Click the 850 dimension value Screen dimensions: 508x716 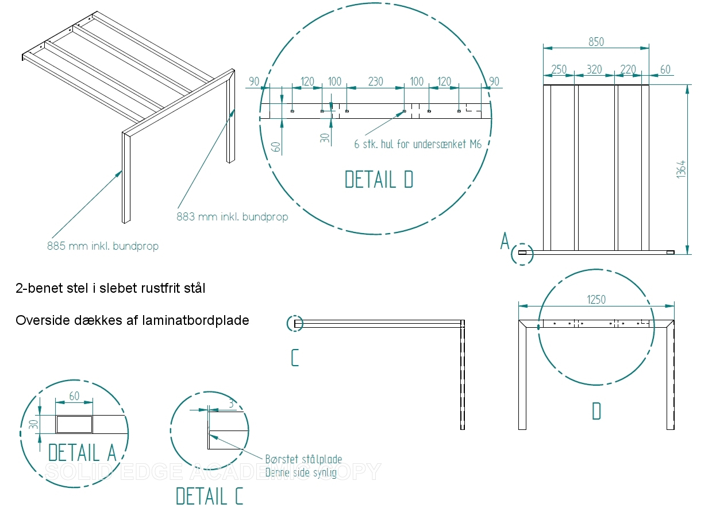(596, 42)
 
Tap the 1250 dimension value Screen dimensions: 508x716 (596, 299)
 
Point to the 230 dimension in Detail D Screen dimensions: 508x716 (375, 82)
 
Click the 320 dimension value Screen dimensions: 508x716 (594, 69)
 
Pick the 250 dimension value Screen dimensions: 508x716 (559, 69)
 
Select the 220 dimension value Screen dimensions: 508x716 (628, 69)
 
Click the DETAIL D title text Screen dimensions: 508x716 (379, 180)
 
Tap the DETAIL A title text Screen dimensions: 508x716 (82, 452)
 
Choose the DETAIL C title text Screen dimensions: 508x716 (209, 496)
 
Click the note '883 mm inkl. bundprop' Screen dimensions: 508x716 (232, 217)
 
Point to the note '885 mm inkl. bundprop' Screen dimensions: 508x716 (103, 246)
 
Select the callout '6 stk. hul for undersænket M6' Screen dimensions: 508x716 (417, 144)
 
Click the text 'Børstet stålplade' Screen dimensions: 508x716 (303, 459)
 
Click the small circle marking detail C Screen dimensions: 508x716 (295, 324)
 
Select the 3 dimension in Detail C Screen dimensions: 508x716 (230, 404)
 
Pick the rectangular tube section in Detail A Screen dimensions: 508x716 (75, 425)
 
